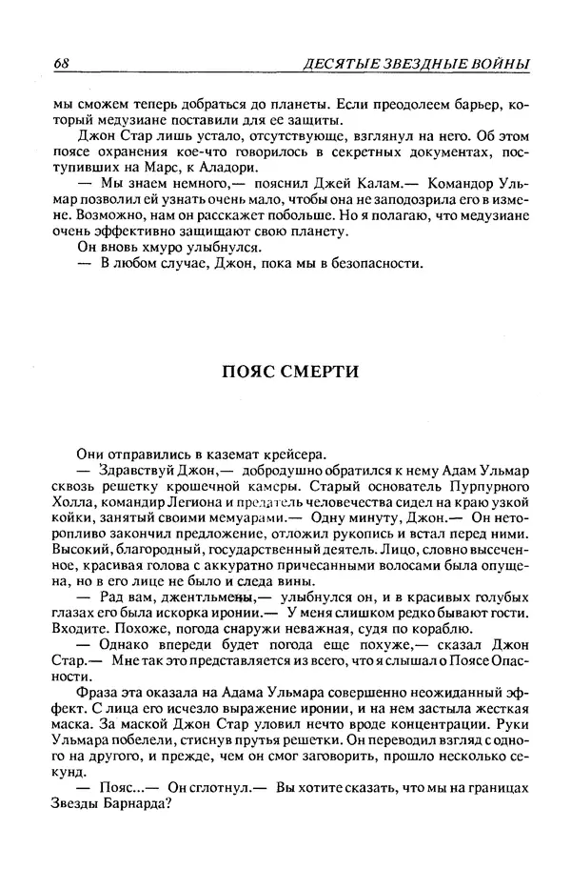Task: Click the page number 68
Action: coord(64,64)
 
